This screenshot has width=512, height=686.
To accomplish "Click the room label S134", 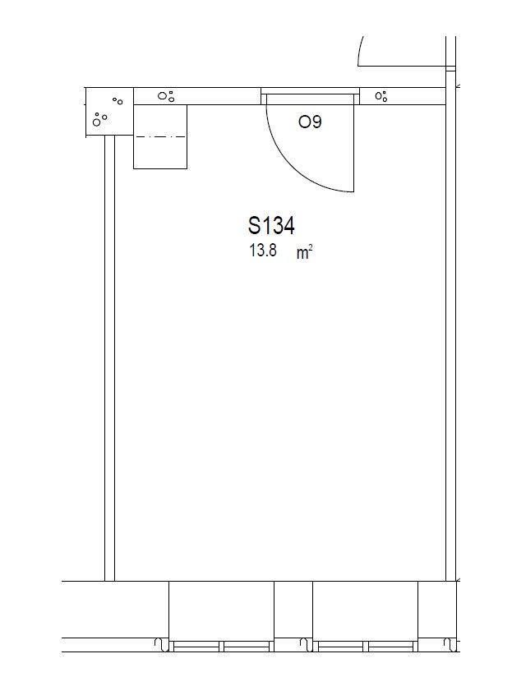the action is [271, 226].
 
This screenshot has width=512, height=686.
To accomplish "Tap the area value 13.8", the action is [263, 251].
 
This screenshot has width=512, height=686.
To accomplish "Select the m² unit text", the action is [305, 252].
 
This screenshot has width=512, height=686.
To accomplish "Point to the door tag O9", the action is [310, 122].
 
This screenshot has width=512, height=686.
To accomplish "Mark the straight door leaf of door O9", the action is [353, 143].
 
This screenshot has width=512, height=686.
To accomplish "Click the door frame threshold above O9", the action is [311, 90].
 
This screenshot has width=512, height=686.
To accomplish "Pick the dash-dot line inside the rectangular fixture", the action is [160, 137].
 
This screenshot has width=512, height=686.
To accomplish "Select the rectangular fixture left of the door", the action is [160, 136].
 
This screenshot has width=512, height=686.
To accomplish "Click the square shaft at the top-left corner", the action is [109, 112].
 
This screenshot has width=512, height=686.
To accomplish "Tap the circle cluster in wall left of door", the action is [166, 96].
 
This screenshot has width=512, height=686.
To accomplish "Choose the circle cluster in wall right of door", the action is [381, 96].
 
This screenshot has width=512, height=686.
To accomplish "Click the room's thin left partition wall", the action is [110, 358].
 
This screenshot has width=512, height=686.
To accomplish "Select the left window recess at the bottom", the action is [221, 617].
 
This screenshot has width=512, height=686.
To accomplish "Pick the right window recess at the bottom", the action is [366, 617].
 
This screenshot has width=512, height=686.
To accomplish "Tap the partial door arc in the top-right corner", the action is [361, 50].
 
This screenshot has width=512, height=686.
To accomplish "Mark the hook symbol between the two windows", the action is [306, 645].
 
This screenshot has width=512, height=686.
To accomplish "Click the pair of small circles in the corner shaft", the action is [118, 101].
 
